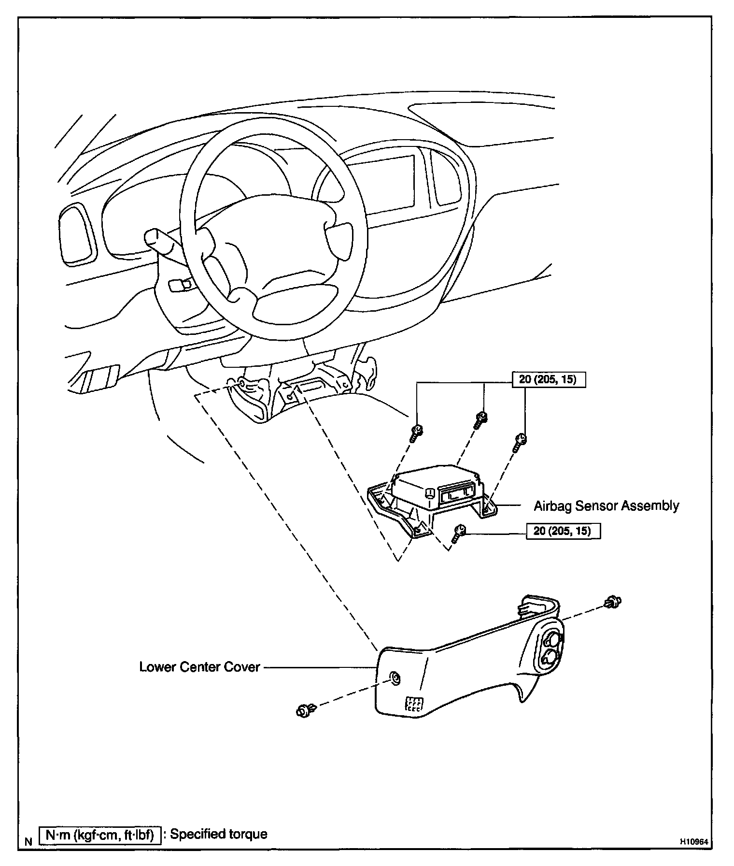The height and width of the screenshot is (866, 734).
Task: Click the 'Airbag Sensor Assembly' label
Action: [x=606, y=506]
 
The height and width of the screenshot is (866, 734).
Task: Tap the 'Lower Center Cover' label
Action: [x=199, y=667]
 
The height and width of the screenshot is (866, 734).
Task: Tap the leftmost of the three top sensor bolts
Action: [x=416, y=433]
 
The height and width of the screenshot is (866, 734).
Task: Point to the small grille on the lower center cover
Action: [x=414, y=704]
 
